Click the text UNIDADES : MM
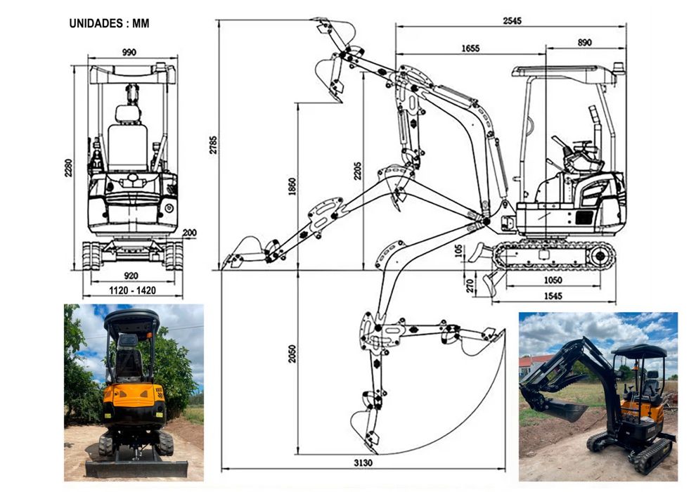tap(109, 23)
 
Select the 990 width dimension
tap(129, 52)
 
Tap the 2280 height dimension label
tap(68, 168)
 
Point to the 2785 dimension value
tap(214, 145)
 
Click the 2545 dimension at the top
tap(513, 21)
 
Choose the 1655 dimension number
tap(470, 48)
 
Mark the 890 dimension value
tap(585, 43)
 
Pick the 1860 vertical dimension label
tap(292, 187)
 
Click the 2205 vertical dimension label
tap(357, 171)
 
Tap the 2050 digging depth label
tap(292, 354)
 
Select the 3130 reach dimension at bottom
tap(363, 463)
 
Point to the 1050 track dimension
tap(553, 280)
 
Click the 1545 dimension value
tap(553, 296)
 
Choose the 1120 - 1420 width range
tap(133, 290)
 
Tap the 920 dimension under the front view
tap(131, 276)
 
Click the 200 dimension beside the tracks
tap(190, 233)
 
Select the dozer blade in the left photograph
tap(136, 469)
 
